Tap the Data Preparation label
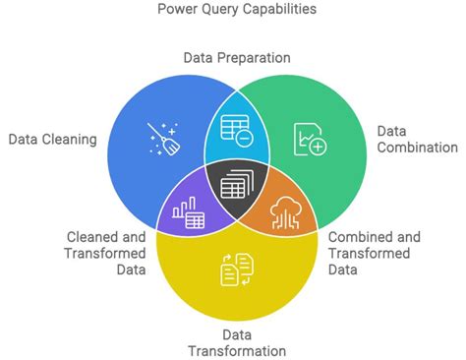[x=237, y=57]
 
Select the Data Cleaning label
[x=53, y=140]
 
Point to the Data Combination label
[x=418, y=138]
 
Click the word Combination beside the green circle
[x=418, y=148]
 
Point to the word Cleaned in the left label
[x=92, y=237]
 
